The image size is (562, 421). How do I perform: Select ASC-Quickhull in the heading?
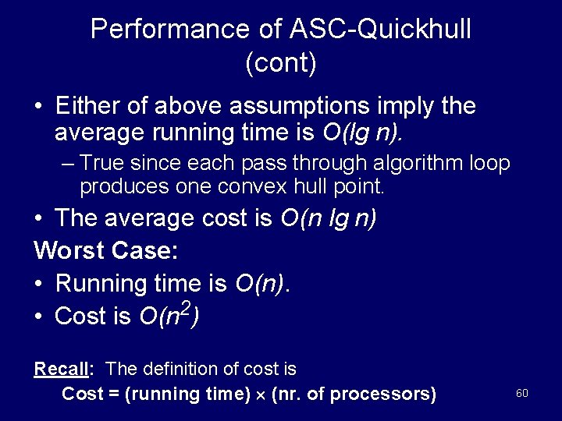point(355,30)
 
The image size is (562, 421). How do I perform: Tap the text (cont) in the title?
point(281,64)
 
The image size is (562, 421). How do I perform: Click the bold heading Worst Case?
point(106,250)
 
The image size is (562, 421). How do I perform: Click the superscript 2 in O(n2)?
point(183,306)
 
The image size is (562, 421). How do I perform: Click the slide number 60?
point(522,393)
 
